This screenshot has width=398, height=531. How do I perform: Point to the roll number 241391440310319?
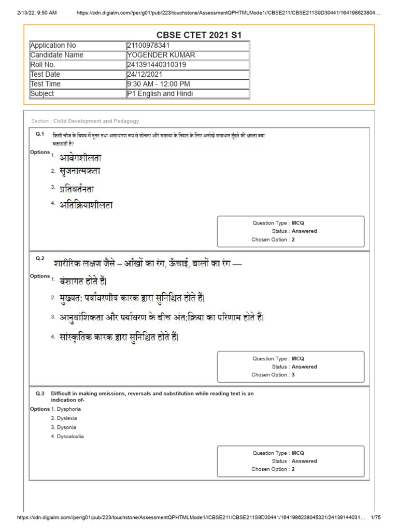point(157,65)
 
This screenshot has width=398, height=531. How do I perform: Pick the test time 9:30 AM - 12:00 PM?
point(158,84)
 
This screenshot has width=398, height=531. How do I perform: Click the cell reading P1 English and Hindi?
point(160,94)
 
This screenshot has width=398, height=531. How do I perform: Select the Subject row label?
point(42,94)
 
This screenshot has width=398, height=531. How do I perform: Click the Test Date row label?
point(45,74)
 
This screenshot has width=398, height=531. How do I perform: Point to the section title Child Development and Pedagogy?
point(96,121)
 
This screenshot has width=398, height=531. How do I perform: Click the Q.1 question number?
point(40,134)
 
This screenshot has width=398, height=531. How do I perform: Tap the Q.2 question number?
point(40,258)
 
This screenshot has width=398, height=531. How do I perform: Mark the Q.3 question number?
point(40,394)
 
